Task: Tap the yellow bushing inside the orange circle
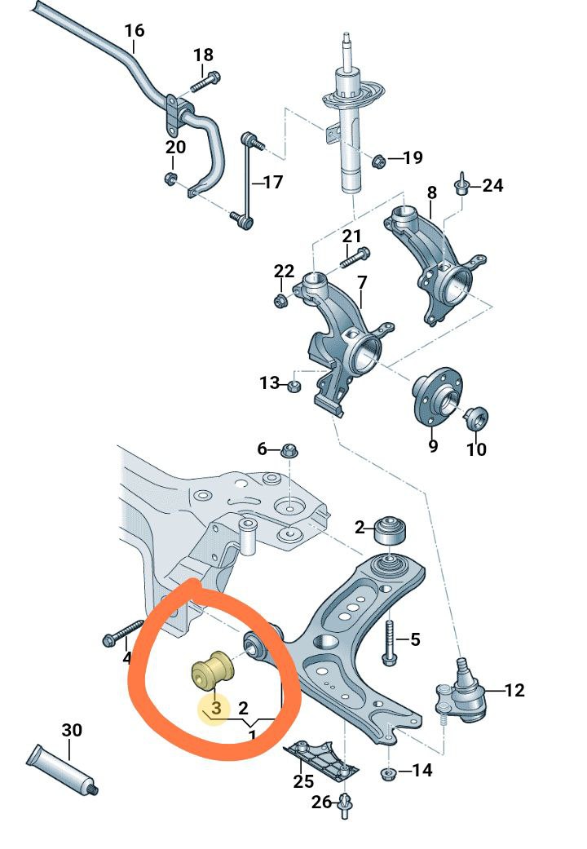(x=214, y=671)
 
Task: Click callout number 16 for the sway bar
(x=135, y=30)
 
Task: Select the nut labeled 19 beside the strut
(x=380, y=160)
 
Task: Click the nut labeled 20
(x=170, y=178)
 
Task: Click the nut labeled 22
(x=280, y=301)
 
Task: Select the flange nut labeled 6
(x=290, y=449)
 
